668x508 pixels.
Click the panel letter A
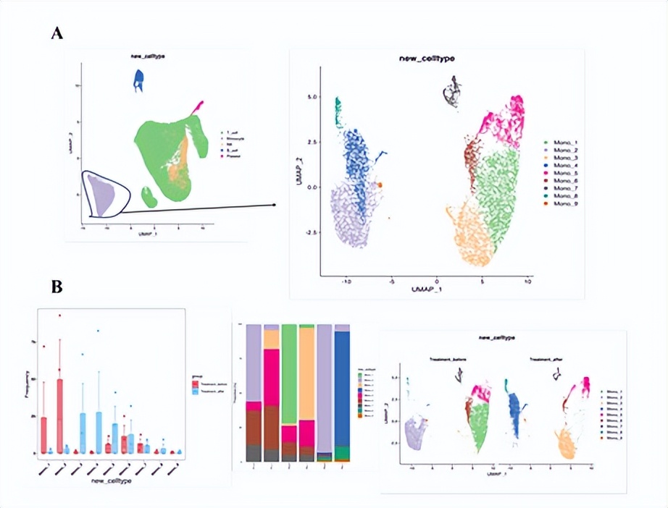[x=56, y=33]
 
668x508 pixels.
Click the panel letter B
[x=56, y=287]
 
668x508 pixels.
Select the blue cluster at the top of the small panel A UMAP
[x=139, y=80]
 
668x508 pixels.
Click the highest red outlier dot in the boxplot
[x=60, y=315]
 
